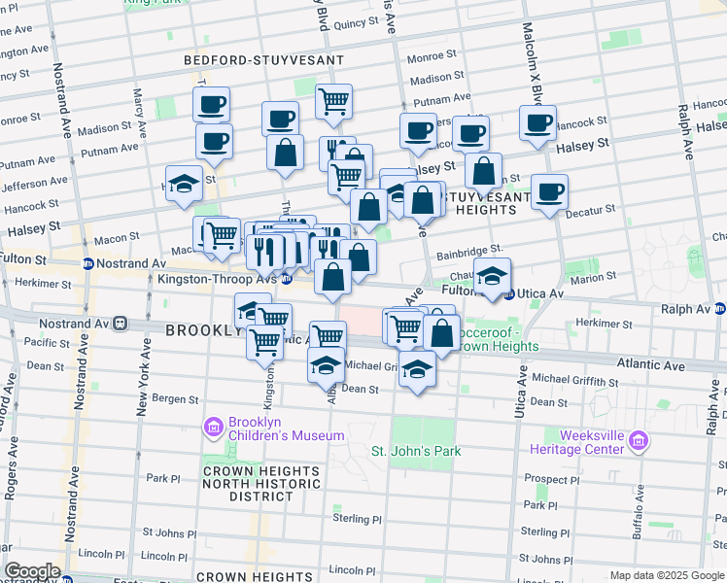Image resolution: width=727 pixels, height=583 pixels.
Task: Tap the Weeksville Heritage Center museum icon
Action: tap(638, 442)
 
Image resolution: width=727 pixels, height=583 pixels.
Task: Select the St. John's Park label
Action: tap(416, 451)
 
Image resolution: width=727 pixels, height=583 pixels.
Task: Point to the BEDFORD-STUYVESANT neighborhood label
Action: tap(264, 60)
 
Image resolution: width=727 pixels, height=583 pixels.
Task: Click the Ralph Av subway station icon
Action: tap(719, 309)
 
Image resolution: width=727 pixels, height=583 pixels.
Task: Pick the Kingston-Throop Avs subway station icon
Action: tap(287, 279)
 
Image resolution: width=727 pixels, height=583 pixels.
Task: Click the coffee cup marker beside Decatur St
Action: tap(549, 191)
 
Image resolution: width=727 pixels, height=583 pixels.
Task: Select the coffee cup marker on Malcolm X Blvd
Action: tap(537, 122)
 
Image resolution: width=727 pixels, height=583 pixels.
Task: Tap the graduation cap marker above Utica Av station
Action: tap(493, 274)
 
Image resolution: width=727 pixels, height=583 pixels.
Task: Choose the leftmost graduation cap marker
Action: tap(184, 183)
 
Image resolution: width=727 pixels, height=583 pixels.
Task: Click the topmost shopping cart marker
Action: tap(333, 100)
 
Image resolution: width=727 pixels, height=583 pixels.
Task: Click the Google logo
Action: tap(32, 571)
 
